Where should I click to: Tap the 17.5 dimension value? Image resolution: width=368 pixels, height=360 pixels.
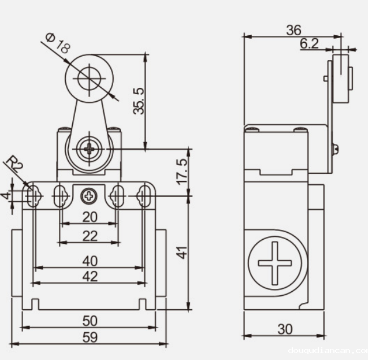[x=183, y=171]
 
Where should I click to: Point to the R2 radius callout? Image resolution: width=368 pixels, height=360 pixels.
[x=16, y=165]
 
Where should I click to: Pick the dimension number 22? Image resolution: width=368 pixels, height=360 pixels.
[x=89, y=235]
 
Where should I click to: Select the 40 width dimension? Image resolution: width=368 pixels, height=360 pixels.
[x=89, y=261]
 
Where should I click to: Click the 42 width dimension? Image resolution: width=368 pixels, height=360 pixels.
[x=89, y=276]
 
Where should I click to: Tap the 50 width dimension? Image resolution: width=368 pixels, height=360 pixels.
[x=89, y=320]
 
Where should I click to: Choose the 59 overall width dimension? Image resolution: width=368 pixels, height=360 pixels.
[x=89, y=337]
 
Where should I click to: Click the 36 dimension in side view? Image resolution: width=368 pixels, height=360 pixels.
[x=294, y=30]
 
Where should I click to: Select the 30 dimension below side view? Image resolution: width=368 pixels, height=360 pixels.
[x=285, y=329]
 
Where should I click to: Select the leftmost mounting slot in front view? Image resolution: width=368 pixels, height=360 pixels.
[x=34, y=196]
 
